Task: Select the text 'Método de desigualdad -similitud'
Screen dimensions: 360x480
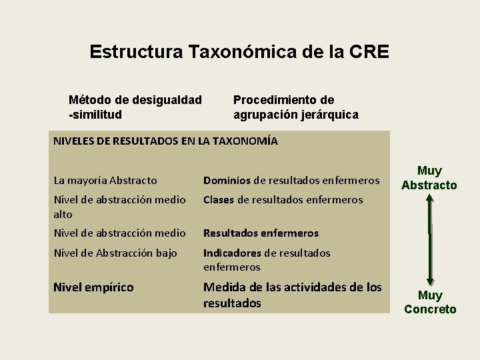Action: (x=135, y=107)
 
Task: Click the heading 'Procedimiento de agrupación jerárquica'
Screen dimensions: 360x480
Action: (x=295, y=107)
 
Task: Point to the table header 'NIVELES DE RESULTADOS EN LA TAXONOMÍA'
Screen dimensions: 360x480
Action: (x=165, y=141)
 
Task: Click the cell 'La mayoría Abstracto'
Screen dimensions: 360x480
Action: (x=105, y=180)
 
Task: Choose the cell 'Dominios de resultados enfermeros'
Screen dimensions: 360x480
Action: (x=291, y=180)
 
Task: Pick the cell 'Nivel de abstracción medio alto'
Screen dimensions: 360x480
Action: (x=120, y=207)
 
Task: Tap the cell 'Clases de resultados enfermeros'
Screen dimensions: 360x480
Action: (x=283, y=199)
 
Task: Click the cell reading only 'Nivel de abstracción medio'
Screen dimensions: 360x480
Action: (x=120, y=233)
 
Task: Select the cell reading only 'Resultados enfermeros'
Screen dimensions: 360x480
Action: (x=261, y=233)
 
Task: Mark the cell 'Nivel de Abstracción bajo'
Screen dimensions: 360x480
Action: (x=115, y=253)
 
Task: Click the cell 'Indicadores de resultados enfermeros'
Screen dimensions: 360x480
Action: (x=267, y=260)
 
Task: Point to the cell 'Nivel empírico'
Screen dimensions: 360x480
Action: (x=93, y=287)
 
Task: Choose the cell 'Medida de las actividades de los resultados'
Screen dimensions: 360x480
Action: (x=292, y=295)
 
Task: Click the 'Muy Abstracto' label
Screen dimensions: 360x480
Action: (x=429, y=178)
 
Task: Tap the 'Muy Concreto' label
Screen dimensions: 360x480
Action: (x=430, y=302)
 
